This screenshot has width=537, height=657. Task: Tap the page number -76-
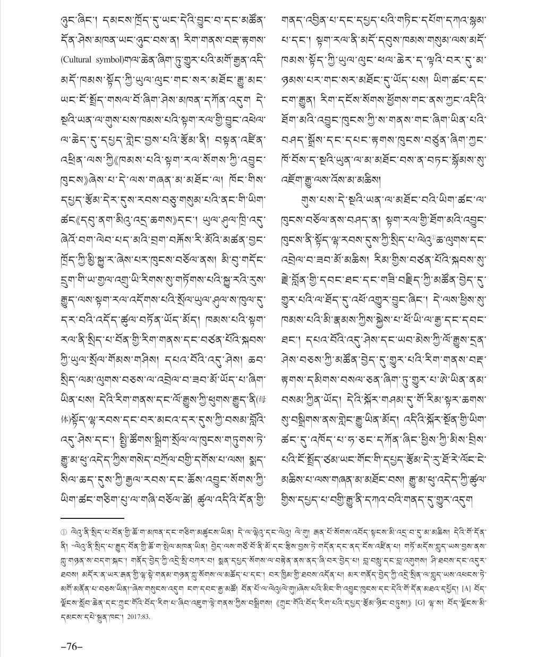coord(73,646)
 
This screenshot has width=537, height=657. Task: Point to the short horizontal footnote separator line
coord(92,517)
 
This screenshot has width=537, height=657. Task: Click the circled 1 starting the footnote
coord(64,531)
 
